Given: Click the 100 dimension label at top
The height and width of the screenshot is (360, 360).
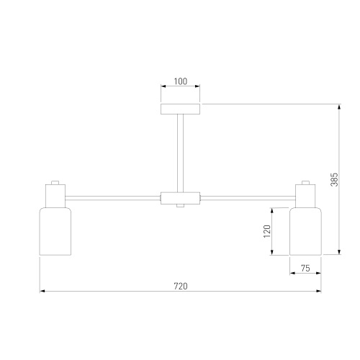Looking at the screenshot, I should pyautogui.click(x=180, y=82).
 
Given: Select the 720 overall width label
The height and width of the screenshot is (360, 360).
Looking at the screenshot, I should pyautogui.click(x=180, y=286).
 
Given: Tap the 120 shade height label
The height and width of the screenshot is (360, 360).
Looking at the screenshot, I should pyautogui.click(x=266, y=231).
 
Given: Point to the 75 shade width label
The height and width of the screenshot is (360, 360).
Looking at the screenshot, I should pyautogui.click(x=305, y=269).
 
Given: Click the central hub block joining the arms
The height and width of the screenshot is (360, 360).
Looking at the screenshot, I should pyautogui.click(x=180, y=198).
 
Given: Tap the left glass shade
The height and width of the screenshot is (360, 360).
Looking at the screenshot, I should pyautogui.click(x=55, y=231).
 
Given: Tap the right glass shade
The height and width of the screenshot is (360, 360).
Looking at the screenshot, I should pyautogui.click(x=305, y=231).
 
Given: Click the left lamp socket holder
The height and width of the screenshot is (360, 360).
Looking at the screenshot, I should pyautogui.click(x=55, y=195).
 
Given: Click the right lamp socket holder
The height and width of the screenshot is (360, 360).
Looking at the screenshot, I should pyautogui.click(x=305, y=195).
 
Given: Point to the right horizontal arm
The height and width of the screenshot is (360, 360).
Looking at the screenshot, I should pyautogui.click(x=246, y=197).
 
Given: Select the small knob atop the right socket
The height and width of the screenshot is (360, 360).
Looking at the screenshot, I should pyautogui.click(x=305, y=181).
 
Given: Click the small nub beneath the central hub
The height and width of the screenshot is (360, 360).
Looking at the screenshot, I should pyautogui.click(x=180, y=207).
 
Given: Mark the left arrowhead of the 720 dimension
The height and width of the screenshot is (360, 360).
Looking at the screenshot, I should pyautogui.click(x=42, y=292).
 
